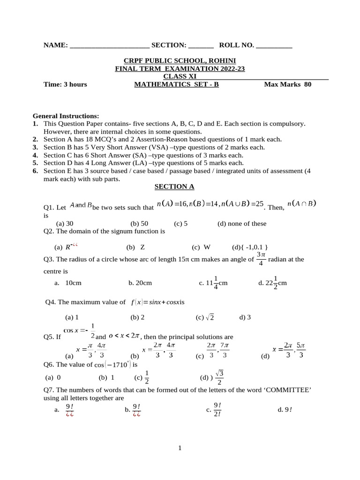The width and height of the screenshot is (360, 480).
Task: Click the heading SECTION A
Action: tap(174, 187)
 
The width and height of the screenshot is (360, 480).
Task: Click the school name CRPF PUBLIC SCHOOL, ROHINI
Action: tap(180, 60)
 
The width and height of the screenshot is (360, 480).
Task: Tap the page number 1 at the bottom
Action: tap(180, 448)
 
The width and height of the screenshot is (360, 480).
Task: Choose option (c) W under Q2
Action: tap(201, 247)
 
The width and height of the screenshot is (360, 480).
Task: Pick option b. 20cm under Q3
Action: tap(140, 283)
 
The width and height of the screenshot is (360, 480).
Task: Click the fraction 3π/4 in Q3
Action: tap(261, 258)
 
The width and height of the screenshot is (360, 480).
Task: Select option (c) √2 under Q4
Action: tap(205, 317)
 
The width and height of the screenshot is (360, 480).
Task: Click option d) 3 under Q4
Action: tap(245, 317)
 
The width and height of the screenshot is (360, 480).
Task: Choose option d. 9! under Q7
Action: tap(285, 410)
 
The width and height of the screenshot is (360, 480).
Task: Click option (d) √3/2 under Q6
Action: tap(213, 377)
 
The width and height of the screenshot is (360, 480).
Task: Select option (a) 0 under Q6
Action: tap(53, 377)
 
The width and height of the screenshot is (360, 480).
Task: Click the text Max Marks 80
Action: tap(288, 84)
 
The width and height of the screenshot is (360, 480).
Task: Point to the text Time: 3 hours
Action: tap(65, 84)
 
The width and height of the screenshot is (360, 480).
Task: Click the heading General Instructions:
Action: tap(66, 116)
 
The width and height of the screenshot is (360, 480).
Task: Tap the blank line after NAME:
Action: tap(109, 45)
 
